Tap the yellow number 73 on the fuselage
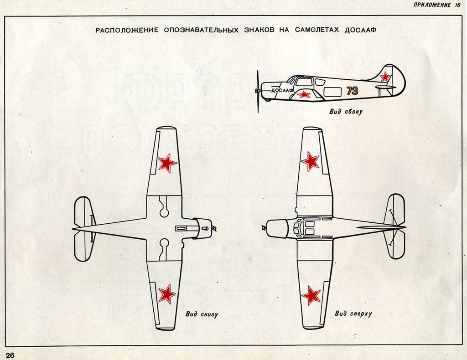click(352, 91)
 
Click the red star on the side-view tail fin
click(386, 77)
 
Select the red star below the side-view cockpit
click(304, 94)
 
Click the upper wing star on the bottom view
click(167, 163)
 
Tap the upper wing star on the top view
click(311, 161)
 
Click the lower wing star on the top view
click(311, 295)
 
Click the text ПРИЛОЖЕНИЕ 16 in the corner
click(437, 5)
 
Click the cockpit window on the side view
click(304, 82)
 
